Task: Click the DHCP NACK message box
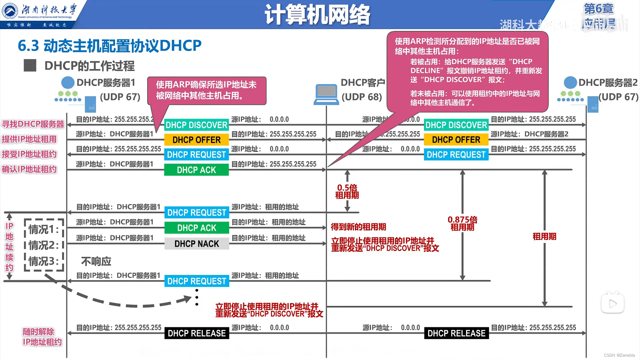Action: point(197,244)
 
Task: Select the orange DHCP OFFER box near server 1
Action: point(197,140)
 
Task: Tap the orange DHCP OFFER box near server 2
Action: point(456,140)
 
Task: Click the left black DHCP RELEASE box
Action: point(197,333)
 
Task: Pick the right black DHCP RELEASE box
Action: point(456,333)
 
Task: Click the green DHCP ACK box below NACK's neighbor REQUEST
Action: point(197,228)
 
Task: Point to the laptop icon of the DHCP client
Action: point(326,94)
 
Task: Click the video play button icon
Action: point(612,304)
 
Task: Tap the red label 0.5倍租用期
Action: point(347,191)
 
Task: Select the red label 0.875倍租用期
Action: point(462,223)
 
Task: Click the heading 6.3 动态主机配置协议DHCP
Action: point(110,46)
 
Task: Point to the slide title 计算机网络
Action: point(317,15)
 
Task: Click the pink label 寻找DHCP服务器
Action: point(33,124)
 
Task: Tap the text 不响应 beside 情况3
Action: point(96,261)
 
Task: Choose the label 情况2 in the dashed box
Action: point(43,245)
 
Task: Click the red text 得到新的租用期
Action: point(358,227)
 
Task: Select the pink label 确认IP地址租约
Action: point(29,169)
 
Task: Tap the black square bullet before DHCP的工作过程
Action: point(30,66)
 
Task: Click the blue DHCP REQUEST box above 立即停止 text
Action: point(197,281)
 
